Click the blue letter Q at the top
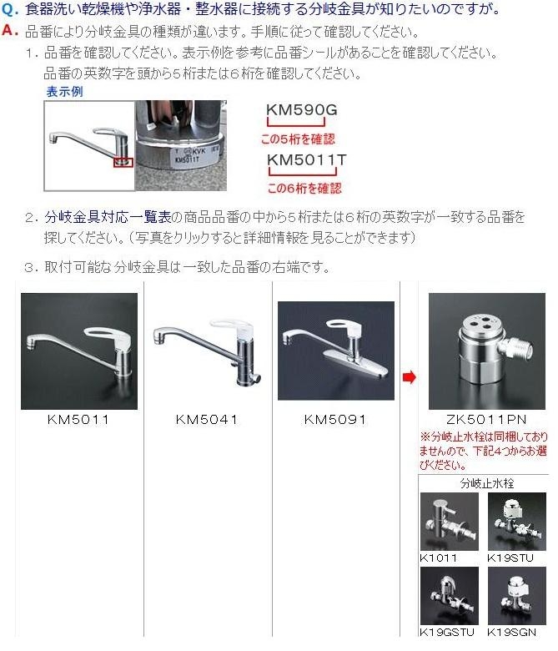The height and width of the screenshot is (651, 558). point(8,9)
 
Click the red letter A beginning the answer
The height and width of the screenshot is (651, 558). point(9,30)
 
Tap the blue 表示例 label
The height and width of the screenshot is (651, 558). point(64,91)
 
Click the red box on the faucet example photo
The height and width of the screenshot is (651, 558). point(123,162)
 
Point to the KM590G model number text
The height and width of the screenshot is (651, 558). point(302,109)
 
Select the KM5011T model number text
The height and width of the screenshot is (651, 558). point(307,159)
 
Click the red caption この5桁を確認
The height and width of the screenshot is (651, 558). point(298,139)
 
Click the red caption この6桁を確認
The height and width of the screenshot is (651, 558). point(304,188)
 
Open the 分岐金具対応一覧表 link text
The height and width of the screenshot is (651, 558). point(108,217)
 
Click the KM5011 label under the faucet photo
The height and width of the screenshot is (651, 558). point(78,419)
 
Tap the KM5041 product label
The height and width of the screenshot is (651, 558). point(207,419)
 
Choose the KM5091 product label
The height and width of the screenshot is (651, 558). point(335,419)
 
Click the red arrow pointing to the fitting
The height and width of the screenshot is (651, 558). point(409,377)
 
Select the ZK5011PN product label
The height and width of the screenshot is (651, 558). point(486,419)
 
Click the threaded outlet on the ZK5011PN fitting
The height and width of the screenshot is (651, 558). point(520,349)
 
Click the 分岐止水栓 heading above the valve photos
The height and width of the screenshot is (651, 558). point(487,483)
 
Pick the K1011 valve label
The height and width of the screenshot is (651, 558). point(439,558)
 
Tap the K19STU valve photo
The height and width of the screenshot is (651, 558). point(517,522)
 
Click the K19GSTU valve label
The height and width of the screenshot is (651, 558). point(447,633)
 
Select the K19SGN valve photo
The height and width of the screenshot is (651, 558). point(517,596)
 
